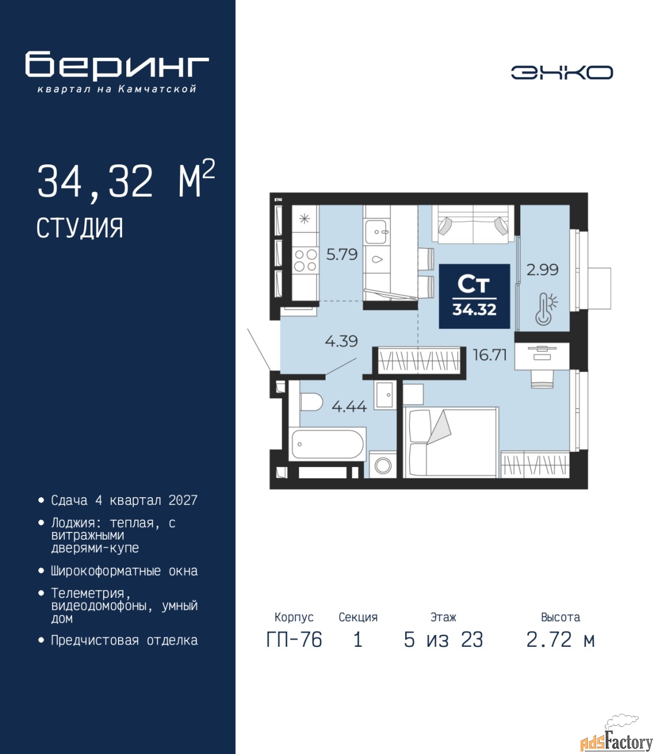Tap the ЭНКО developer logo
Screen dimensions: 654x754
point(561,72)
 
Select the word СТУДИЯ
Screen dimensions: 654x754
point(80,228)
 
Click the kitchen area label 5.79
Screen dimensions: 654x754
point(341,254)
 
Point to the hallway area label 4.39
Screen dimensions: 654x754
point(341,341)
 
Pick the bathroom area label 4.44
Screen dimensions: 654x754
point(349,406)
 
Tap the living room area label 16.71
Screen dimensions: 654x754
point(489,355)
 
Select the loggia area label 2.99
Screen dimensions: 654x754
point(543,270)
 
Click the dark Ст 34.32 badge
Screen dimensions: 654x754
point(474,296)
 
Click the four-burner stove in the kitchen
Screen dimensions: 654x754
point(305,260)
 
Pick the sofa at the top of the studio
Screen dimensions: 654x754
point(473,224)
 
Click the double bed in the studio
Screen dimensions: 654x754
point(451,442)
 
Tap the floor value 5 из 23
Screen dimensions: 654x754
point(443,640)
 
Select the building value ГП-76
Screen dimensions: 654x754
point(294,640)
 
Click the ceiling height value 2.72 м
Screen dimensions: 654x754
point(560,640)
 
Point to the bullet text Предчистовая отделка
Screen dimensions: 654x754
point(124,640)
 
